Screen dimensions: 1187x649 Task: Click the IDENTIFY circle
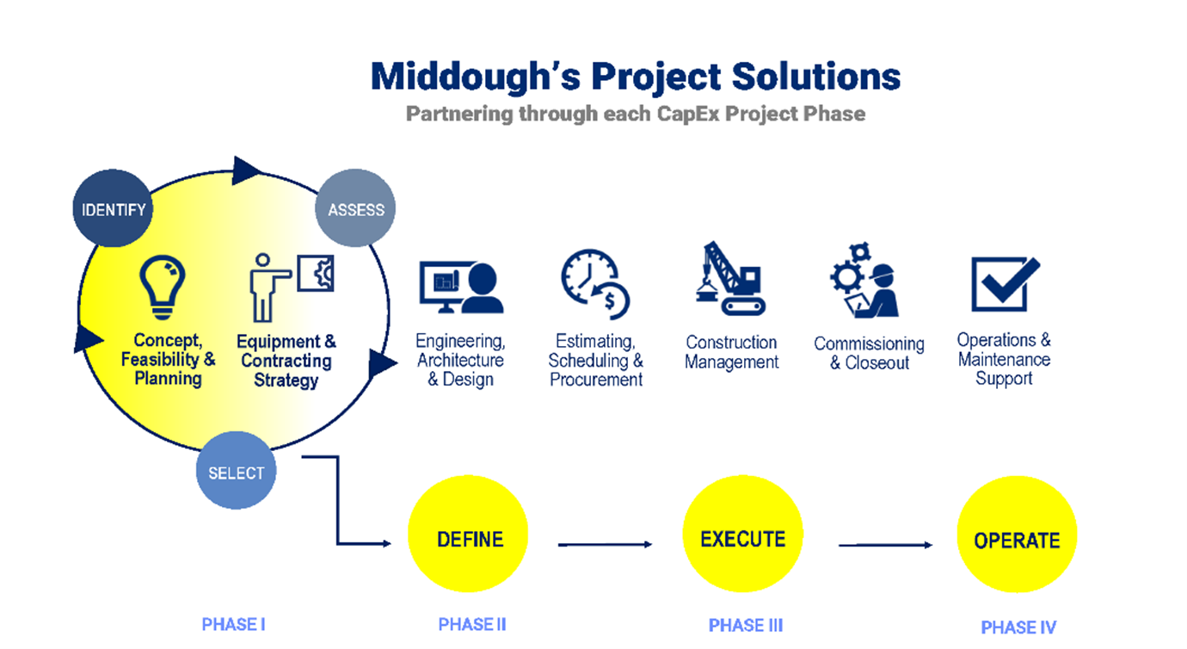pyautogui.click(x=113, y=208)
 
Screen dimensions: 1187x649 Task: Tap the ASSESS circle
pyautogui.click(x=355, y=207)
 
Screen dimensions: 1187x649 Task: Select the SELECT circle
pyautogui.click(x=236, y=471)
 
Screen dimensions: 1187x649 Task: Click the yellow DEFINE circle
pyautogui.click(x=468, y=534)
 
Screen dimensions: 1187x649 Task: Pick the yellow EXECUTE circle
pyautogui.click(x=742, y=534)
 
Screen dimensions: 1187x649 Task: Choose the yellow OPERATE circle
pyautogui.click(x=1017, y=535)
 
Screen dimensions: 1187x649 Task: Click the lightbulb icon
pyautogui.click(x=163, y=287)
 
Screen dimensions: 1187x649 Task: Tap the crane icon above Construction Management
pyautogui.click(x=731, y=279)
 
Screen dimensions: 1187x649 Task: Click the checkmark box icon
pyautogui.click(x=1006, y=284)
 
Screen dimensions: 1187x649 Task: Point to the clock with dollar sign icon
pyautogui.click(x=595, y=285)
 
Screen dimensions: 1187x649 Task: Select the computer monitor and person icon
pyautogui.click(x=461, y=287)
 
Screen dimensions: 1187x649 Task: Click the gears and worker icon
pyautogui.click(x=864, y=280)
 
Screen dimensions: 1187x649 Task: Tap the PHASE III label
pyautogui.click(x=746, y=626)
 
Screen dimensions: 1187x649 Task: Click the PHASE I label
pyautogui.click(x=234, y=625)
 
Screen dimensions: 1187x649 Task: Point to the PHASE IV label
pyautogui.click(x=1018, y=627)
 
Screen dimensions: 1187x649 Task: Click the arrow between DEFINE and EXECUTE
pyautogui.click(x=605, y=545)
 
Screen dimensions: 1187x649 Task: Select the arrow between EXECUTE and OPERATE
pyautogui.click(x=885, y=545)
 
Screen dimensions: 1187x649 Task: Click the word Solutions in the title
pyautogui.click(x=816, y=77)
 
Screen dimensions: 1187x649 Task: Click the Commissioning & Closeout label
pyautogui.click(x=869, y=353)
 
